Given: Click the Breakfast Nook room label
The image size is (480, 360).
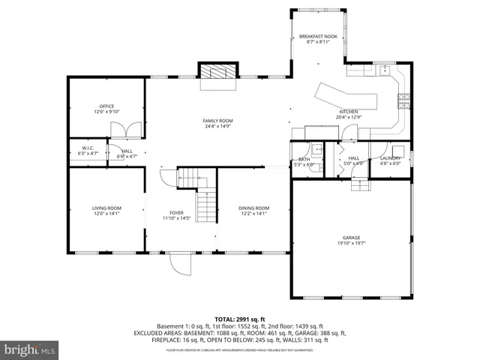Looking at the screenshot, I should pyautogui.click(x=315, y=37).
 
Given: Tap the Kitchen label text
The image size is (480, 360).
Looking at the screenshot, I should pyautogui.click(x=349, y=111).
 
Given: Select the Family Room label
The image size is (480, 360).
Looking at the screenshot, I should pyautogui.click(x=217, y=121).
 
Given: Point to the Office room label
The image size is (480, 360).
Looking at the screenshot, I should pyautogui.click(x=106, y=106).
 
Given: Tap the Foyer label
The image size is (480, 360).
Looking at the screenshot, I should pyautogui.click(x=177, y=212).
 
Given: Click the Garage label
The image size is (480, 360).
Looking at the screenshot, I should pyautogui.click(x=351, y=238).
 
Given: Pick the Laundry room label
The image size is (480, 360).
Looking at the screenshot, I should pyautogui.click(x=390, y=158).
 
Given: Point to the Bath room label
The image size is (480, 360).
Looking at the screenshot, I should pyautogui.click(x=304, y=159).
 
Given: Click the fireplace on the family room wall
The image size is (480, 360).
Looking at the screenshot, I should pyautogui.click(x=217, y=73).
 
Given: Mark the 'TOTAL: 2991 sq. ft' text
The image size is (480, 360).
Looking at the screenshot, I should pyautogui.click(x=239, y=319).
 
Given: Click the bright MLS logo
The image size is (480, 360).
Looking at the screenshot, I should pyautogui.click(x=30, y=349).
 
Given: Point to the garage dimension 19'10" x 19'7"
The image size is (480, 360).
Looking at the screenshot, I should pyautogui.click(x=351, y=244).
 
